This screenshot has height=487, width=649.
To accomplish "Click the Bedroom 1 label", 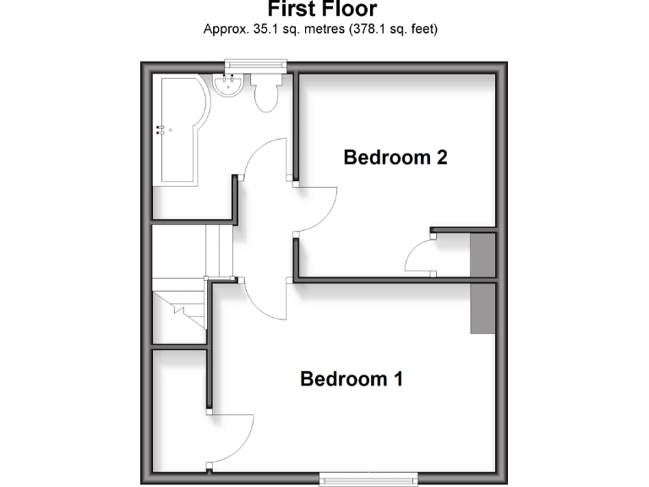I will (x=351, y=379).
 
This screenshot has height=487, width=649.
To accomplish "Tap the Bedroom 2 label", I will (x=395, y=157).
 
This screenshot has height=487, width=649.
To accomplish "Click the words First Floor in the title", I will (x=322, y=10).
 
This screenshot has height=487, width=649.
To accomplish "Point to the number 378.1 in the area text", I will (x=361, y=29).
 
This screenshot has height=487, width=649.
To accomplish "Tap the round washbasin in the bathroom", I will (x=229, y=85).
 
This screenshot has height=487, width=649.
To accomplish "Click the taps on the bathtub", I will (x=161, y=130).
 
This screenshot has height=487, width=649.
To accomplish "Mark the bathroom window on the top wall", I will (x=255, y=64).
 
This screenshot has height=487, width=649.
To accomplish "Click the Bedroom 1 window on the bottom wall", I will (x=368, y=480).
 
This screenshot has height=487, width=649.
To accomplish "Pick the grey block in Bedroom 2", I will (x=483, y=254).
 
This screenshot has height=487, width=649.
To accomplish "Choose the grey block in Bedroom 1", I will (x=483, y=309).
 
